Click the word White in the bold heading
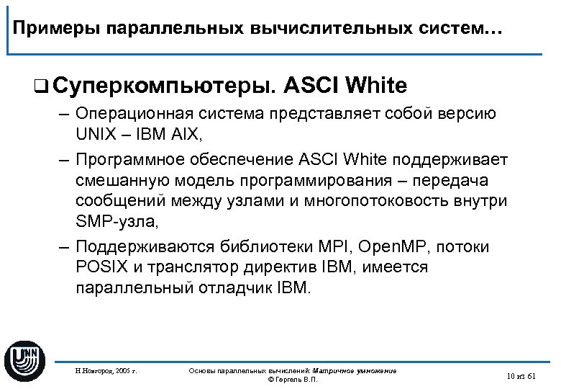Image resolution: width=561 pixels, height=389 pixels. click(x=376, y=86)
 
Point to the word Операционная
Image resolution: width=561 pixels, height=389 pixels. click(x=134, y=115)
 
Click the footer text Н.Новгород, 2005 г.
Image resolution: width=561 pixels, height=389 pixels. click(x=106, y=371)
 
